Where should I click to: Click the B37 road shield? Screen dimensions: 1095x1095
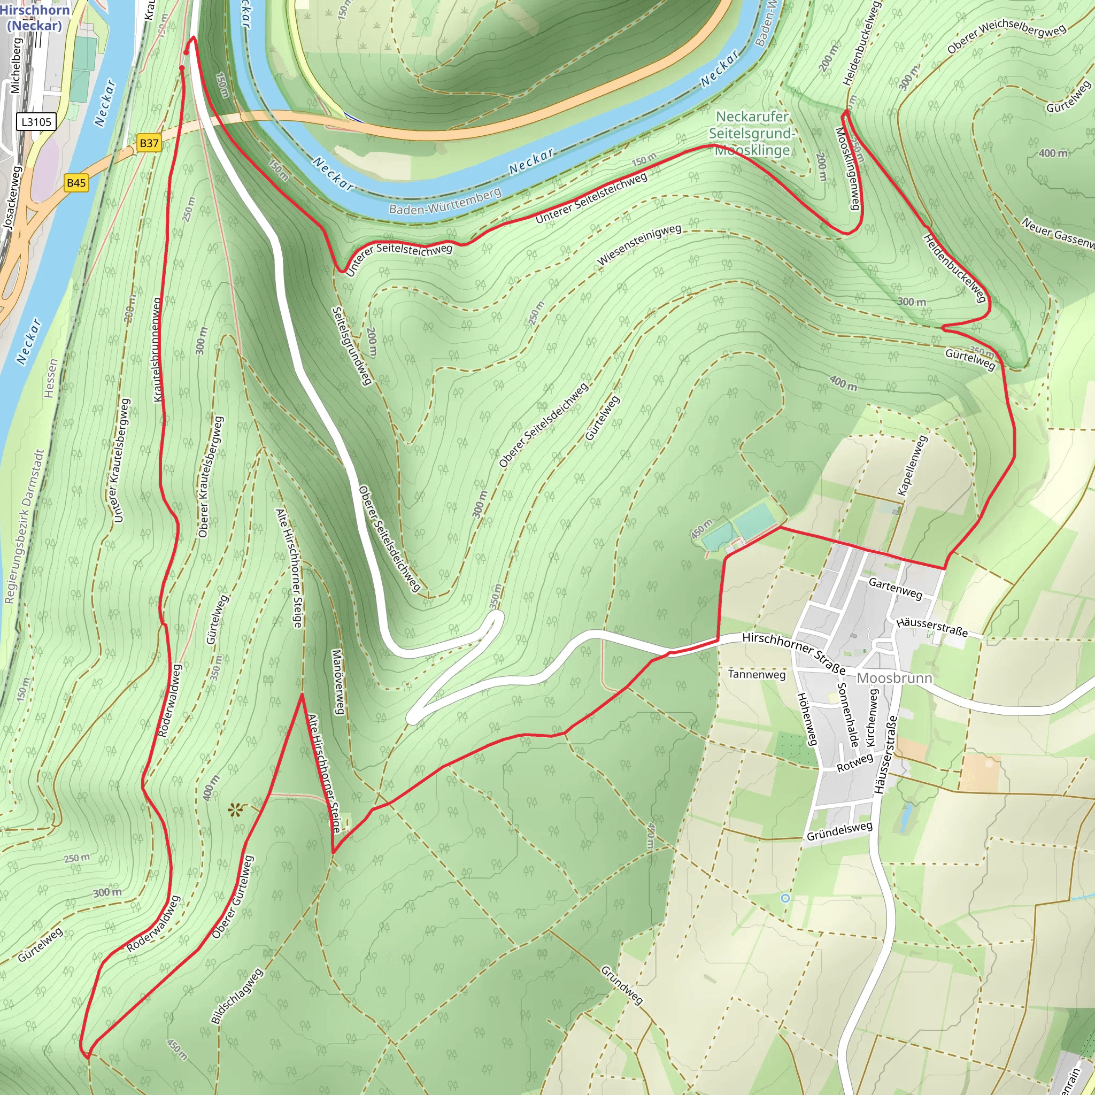pyautogui.click(x=149, y=143)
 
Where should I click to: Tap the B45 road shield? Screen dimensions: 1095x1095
pyautogui.click(x=76, y=182)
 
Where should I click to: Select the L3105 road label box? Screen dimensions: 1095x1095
pyautogui.click(x=37, y=122)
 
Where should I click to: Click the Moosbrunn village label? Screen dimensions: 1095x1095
pyautogui.click(x=894, y=678)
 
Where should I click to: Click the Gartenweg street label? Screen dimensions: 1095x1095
pyautogui.click(x=896, y=588)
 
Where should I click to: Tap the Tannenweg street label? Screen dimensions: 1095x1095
pyautogui.click(x=757, y=674)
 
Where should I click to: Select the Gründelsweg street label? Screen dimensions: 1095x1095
pyautogui.click(x=839, y=831)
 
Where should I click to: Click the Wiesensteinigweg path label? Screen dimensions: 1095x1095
pyautogui.click(x=639, y=244)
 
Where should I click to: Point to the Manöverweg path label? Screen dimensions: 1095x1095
pyautogui.click(x=337, y=682)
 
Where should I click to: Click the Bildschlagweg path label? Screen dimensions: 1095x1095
pyautogui.click(x=237, y=996)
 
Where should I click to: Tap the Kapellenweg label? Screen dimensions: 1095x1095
pyautogui.click(x=913, y=465)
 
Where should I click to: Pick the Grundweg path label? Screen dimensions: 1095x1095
pyautogui.click(x=622, y=985)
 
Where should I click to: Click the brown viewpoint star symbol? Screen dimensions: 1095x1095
pyautogui.click(x=235, y=810)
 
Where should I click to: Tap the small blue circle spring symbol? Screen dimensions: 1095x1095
pyautogui.click(x=785, y=898)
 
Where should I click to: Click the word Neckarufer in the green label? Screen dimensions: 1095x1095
pyautogui.click(x=752, y=116)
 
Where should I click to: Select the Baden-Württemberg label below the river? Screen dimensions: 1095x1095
pyautogui.click(x=445, y=202)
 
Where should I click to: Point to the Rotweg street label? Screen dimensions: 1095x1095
pyautogui.click(x=855, y=763)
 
